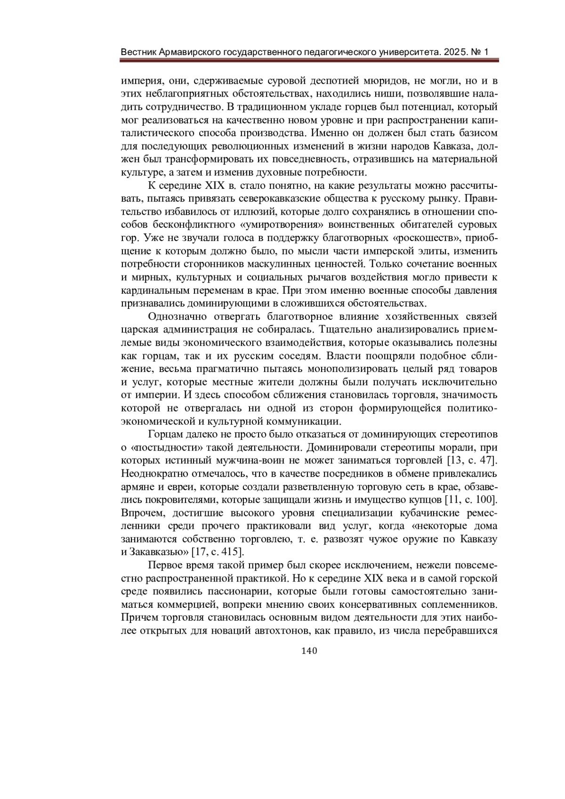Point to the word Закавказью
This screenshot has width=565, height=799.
pos(155,551)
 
